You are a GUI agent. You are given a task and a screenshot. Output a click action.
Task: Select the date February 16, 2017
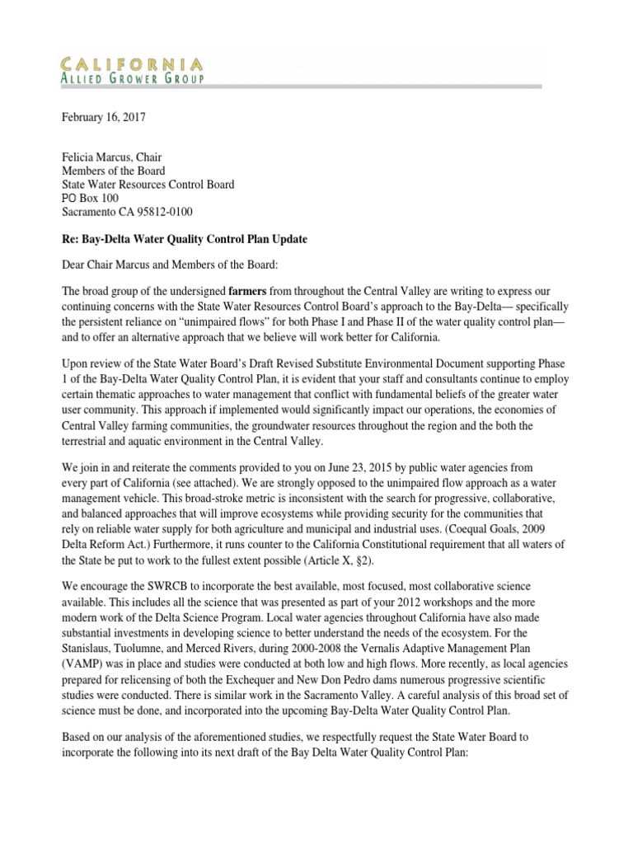[x=104, y=117]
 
